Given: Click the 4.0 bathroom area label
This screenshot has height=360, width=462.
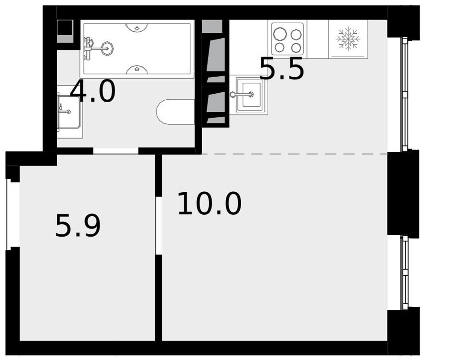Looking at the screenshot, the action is (x=92, y=91).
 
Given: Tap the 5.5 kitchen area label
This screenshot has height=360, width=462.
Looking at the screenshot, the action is (x=281, y=69).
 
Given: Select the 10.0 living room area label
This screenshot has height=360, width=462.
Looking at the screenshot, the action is (x=209, y=203).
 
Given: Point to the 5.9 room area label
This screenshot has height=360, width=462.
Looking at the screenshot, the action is (x=78, y=225).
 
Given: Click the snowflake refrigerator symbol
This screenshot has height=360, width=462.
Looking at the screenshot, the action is (x=348, y=39).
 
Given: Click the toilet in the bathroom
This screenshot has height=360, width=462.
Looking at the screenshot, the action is (x=175, y=112).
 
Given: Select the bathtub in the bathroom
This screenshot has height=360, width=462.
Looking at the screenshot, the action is (x=137, y=49).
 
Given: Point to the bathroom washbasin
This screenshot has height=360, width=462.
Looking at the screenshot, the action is (x=69, y=112).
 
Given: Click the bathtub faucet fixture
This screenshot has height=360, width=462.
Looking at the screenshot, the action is (x=97, y=47).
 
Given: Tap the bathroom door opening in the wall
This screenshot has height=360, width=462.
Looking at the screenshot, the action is (x=116, y=151).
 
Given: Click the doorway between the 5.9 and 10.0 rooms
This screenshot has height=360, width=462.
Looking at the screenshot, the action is (x=159, y=225).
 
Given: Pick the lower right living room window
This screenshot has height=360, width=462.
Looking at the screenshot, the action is (x=405, y=272).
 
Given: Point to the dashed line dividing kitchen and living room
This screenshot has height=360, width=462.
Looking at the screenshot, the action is (x=295, y=154).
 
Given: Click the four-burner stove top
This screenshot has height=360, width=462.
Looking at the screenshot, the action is (x=287, y=39).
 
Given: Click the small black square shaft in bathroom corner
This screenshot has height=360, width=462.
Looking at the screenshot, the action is (x=65, y=28).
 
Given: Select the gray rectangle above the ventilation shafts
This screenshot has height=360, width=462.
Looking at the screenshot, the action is (x=212, y=26).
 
